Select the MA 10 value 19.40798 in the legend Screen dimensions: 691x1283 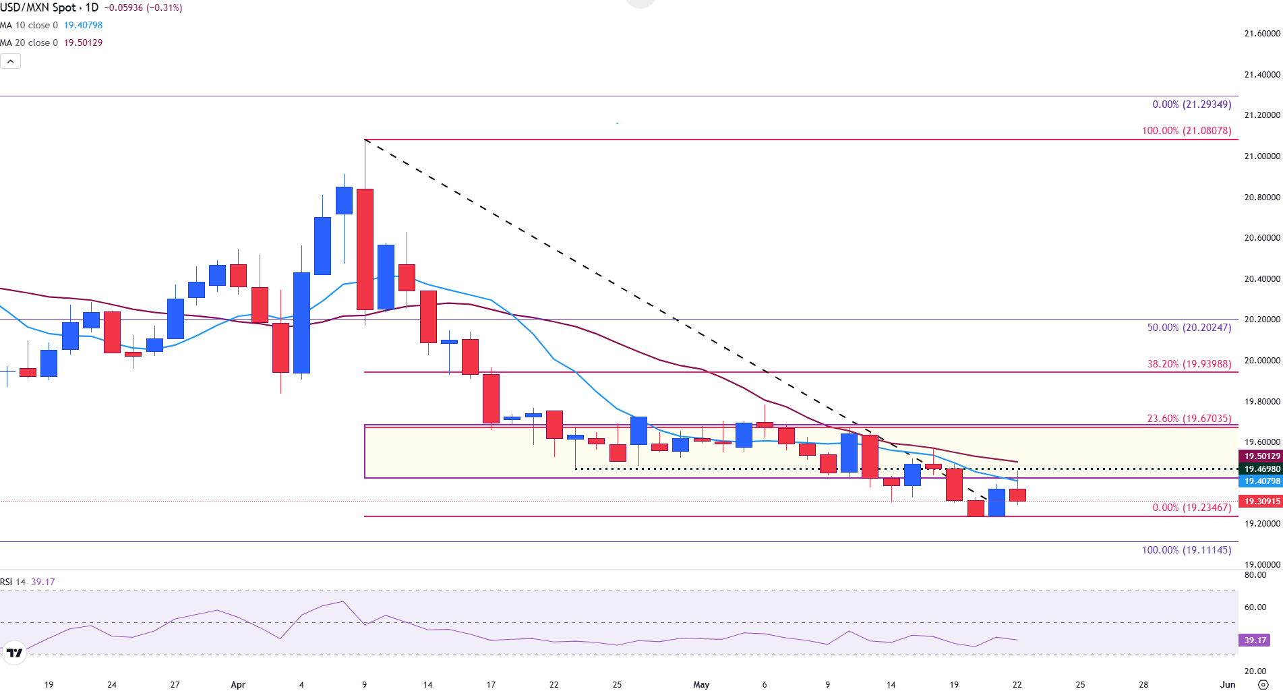(83, 25)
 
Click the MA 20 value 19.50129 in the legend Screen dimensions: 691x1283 (83, 42)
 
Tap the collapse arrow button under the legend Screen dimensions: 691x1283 (11, 61)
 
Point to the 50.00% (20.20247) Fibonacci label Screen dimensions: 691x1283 (1189, 328)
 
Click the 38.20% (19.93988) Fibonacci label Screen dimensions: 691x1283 (1189, 364)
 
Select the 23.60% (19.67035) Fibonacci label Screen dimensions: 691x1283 (1189, 419)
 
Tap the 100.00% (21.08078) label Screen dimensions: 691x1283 (1186, 131)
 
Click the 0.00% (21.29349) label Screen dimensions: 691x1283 (1191, 104)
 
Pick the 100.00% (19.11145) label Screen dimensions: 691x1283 (1186, 550)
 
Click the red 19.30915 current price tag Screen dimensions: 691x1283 (1261, 502)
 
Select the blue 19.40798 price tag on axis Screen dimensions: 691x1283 (1261, 481)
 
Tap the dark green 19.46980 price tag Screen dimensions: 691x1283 (1261, 469)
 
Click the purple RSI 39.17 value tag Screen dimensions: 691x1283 (1255, 640)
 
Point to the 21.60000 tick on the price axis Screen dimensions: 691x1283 (1261, 34)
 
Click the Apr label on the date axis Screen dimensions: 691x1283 (238, 684)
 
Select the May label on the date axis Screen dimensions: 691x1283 (701, 684)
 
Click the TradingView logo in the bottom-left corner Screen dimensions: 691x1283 (13, 653)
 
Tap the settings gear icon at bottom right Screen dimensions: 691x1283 (1263, 684)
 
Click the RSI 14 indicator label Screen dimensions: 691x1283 (13, 582)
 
